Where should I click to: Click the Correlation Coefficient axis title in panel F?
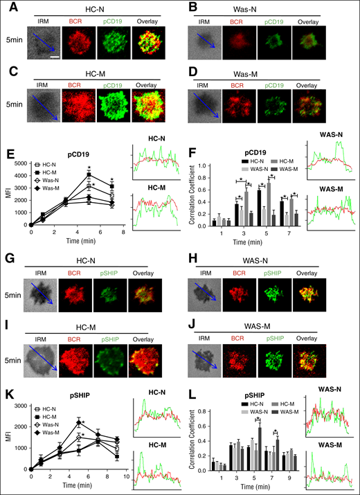point(192,195)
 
